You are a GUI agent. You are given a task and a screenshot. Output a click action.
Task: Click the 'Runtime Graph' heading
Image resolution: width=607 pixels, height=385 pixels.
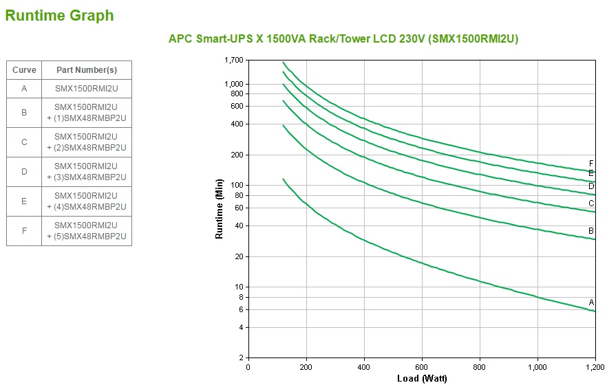(60, 15)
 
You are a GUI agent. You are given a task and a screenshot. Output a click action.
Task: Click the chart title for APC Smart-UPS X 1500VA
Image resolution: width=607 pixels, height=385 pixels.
(343, 39)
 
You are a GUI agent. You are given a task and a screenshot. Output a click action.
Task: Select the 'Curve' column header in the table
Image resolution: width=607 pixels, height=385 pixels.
(24, 70)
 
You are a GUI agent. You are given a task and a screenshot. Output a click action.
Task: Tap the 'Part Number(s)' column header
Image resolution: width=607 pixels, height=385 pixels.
(86, 70)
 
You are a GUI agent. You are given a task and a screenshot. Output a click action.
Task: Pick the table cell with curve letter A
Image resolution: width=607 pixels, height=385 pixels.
(24, 89)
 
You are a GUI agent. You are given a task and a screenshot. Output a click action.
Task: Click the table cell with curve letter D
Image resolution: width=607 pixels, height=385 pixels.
(24, 172)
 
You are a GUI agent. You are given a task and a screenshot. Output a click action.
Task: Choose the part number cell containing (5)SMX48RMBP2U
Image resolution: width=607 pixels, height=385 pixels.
(86, 231)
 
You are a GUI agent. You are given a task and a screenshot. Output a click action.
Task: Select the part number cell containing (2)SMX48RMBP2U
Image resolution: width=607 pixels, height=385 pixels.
(86, 142)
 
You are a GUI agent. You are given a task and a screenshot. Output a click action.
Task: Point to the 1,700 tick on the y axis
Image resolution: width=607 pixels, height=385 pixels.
(234, 60)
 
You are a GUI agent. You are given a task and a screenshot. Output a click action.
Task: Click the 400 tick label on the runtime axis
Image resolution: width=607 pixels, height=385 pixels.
(237, 124)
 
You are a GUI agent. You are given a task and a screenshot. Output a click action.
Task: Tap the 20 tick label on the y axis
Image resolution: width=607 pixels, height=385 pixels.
(239, 256)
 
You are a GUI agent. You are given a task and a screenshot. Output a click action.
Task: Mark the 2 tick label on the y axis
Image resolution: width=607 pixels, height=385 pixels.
(241, 358)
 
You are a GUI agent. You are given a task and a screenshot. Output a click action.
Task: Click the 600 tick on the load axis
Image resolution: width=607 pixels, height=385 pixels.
(422, 366)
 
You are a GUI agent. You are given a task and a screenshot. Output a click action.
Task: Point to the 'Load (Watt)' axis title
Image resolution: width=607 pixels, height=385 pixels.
(422, 378)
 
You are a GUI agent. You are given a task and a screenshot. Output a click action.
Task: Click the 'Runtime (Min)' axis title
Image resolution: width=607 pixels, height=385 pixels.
(220, 209)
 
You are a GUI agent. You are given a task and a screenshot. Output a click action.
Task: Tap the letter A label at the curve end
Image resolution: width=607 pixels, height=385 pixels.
(591, 302)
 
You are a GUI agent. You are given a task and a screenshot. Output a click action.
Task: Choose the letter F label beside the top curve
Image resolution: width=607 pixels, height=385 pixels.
(591, 163)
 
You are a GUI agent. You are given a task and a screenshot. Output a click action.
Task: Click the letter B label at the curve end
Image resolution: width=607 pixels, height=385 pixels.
(591, 231)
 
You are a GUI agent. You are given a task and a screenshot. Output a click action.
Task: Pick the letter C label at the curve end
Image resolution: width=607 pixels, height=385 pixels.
(591, 203)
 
